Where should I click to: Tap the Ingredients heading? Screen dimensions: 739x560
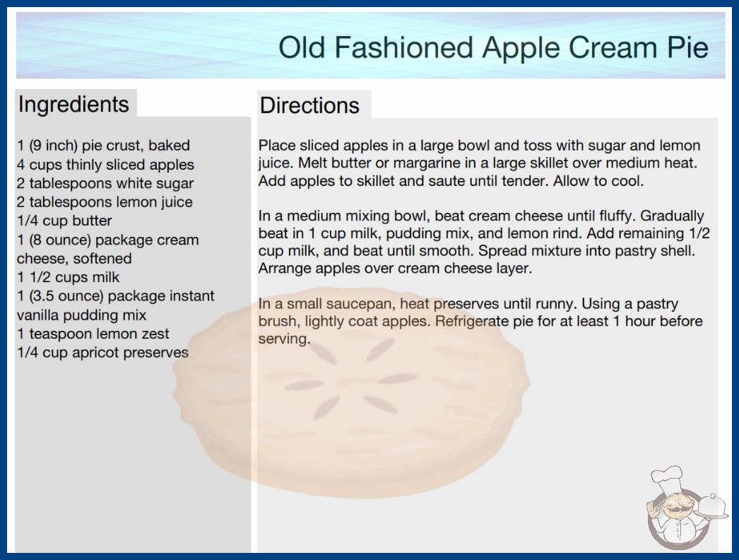point(73,105)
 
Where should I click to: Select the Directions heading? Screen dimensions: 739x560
point(309,105)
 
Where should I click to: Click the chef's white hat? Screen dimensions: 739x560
point(666,477)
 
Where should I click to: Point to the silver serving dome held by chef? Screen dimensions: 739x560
point(711,507)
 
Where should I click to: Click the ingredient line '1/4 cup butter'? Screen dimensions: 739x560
point(64,221)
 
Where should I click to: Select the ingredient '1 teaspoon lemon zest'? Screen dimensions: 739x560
point(93,334)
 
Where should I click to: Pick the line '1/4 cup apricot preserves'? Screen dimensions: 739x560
point(102,352)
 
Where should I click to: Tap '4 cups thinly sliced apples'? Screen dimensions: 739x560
point(105,165)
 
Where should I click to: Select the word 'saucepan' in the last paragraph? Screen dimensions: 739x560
point(359,304)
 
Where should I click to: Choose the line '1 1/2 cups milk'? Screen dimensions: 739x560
point(69,277)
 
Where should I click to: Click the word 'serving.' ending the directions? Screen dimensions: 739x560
point(284,339)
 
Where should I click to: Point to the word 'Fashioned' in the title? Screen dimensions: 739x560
point(404,47)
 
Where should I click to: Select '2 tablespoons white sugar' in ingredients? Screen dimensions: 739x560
point(105,184)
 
